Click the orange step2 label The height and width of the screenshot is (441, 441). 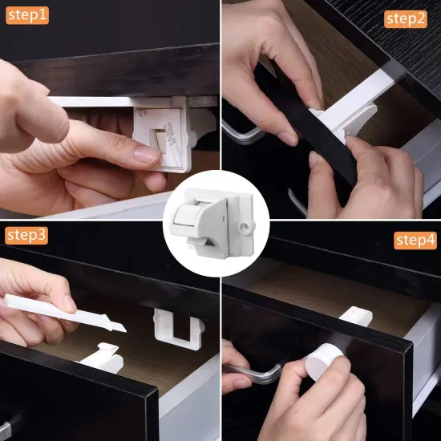coord(406,18)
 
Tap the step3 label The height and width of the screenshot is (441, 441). coord(26,235)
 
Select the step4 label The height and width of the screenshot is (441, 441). coord(415,239)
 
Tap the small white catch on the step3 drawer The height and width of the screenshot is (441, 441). coord(102,357)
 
